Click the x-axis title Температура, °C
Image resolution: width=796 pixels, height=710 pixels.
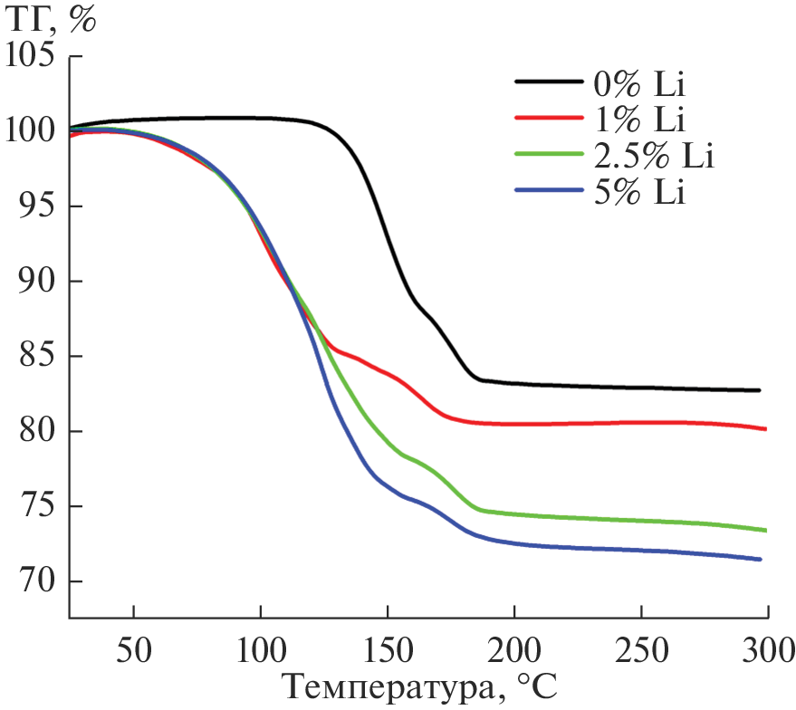point(417,687)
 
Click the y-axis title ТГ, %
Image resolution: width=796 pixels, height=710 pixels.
point(51,20)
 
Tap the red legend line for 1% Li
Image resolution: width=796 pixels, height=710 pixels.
point(547,119)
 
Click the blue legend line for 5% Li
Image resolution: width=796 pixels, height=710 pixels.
point(547,191)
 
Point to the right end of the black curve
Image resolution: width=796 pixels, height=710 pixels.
point(759,390)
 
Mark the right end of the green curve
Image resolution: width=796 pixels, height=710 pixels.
point(766,531)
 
